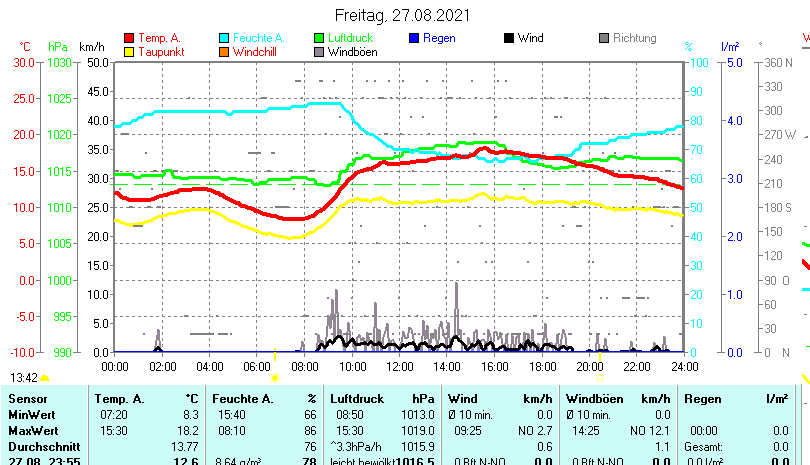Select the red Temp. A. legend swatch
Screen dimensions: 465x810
pyautogui.click(x=129, y=38)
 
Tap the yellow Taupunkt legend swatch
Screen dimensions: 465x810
pyautogui.click(x=129, y=51)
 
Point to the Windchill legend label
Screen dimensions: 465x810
pyautogui.click(x=258, y=51)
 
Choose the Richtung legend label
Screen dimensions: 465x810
pyautogui.click(x=634, y=38)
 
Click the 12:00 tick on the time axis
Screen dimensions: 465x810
pyautogui.click(x=399, y=367)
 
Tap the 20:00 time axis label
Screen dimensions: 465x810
pyautogui.click(x=589, y=367)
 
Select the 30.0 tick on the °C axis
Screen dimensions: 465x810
pyautogui.click(x=24, y=62)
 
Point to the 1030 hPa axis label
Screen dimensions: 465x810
pyautogui.click(x=60, y=62)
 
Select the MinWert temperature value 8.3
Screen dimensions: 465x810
pyautogui.click(x=190, y=414)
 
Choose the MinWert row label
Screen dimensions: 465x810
pyautogui.click(x=31, y=414)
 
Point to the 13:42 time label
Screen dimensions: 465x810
pyautogui.click(x=24, y=378)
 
